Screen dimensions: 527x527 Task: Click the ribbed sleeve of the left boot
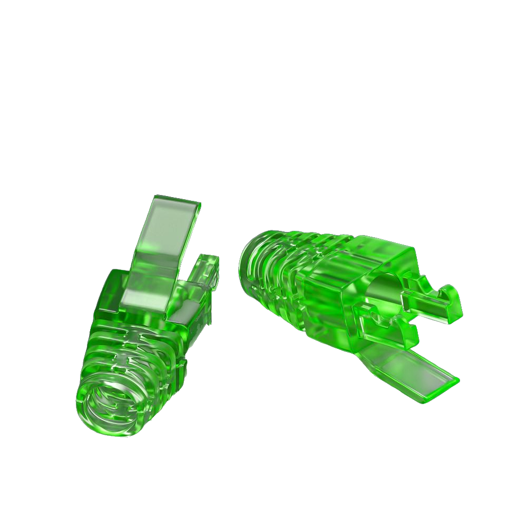tap(132, 358)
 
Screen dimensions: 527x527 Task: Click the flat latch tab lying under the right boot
tap(411, 369)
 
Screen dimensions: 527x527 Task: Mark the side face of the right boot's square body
tap(327, 306)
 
